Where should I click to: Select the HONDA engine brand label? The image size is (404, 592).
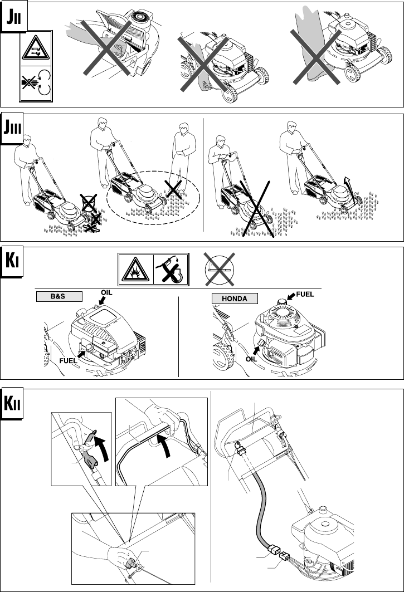point(235,299)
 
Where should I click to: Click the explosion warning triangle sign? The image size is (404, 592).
point(135,269)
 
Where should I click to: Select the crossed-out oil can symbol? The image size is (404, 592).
point(170,269)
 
